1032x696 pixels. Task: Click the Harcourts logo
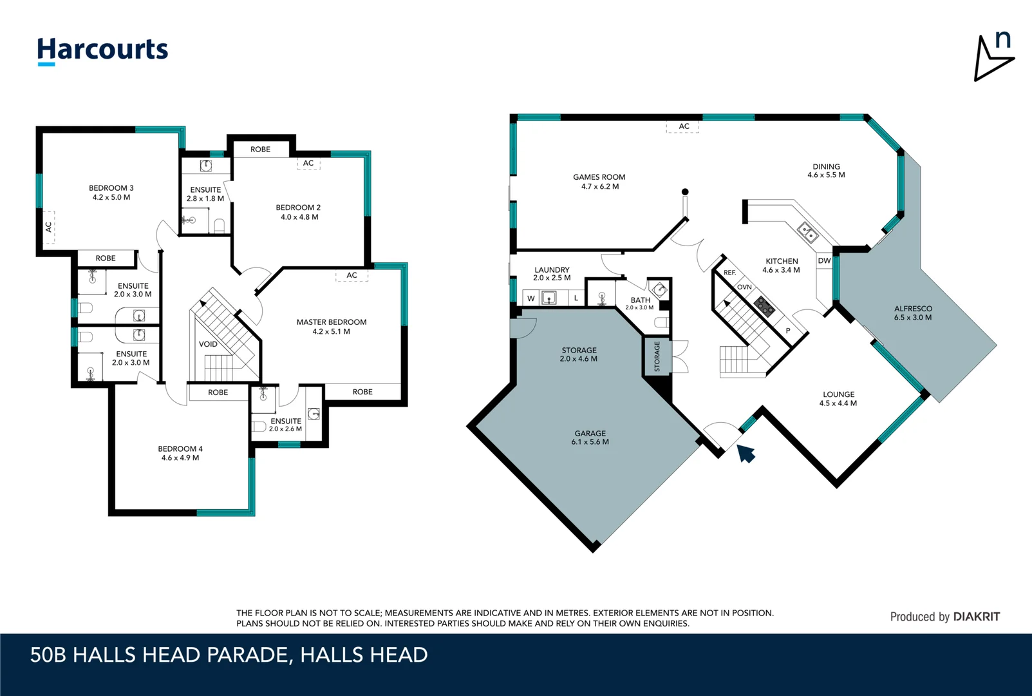[x=102, y=50]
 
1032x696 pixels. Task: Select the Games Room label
[x=599, y=177]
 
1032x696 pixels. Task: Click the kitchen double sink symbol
[x=807, y=232]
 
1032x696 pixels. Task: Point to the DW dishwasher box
[x=824, y=261]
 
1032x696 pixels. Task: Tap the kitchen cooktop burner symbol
[x=764, y=306]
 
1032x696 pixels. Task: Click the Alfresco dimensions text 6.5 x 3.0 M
[x=912, y=318]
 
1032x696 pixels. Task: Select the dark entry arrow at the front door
[x=746, y=453]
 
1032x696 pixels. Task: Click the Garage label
[x=590, y=433]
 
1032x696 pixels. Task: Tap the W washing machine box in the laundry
[x=530, y=298]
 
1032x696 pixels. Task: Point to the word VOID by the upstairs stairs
[x=208, y=344]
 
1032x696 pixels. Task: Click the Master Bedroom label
[x=331, y=322]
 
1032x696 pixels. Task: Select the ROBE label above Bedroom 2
[x=260, y=150]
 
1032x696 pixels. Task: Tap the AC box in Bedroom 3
[x=48, y=227]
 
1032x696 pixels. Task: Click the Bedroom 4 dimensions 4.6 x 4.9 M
[x=180, y=458]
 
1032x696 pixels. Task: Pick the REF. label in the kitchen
[x=729, y=273]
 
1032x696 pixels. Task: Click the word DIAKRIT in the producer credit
[x=976, y=617]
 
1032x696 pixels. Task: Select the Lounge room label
[x=838, y=394]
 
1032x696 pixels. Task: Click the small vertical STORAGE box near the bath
[x=657, y=356]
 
